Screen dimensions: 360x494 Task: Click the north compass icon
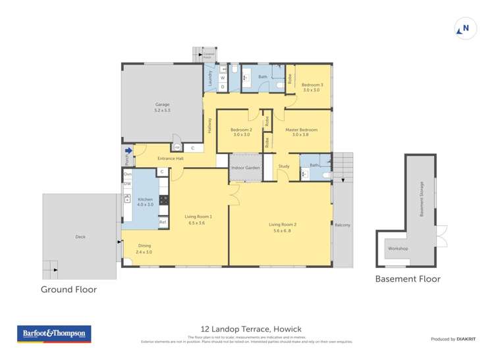[x=465, y=28]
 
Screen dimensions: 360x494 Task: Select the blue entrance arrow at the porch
[x=128, y=151]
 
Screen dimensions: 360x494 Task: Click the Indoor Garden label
[x=245, y=168]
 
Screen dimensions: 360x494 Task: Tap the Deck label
[x=80, y=237]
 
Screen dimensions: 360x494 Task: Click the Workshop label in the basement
[x=398, y=248]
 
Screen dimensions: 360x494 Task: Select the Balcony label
[x=343, y=225]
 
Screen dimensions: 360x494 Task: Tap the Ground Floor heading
[x=69, y=290]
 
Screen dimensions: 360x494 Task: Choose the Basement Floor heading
[x=407, y=279]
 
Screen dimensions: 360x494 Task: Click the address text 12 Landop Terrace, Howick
[x=247, y=329]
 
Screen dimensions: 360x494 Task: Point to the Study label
[x=284, y=167]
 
